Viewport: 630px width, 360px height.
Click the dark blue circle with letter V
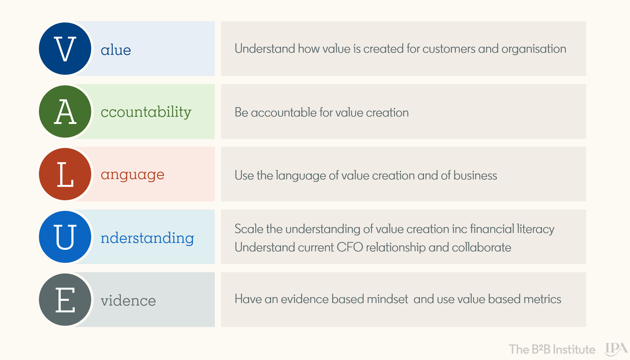[x=65, y=49]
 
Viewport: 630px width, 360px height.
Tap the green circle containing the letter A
[x=65, y=111]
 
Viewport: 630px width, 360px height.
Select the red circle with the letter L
[x=65, y=174]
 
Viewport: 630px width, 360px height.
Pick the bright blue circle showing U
[x=65, y=237]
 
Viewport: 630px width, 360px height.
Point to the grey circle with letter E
[x=65, y=300]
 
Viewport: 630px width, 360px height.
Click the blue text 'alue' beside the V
[x=116, y=50]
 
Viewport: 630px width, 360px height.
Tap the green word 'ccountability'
[x=146, y=112]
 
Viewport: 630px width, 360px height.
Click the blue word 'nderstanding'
[x=147, y=238]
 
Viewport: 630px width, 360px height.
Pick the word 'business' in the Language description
[x=475, y=176]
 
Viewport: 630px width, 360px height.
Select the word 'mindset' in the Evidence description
[x=388, y=299]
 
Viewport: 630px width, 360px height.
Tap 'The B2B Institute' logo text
[x=552, y=349]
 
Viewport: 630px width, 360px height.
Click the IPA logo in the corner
[x=616, y=349]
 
